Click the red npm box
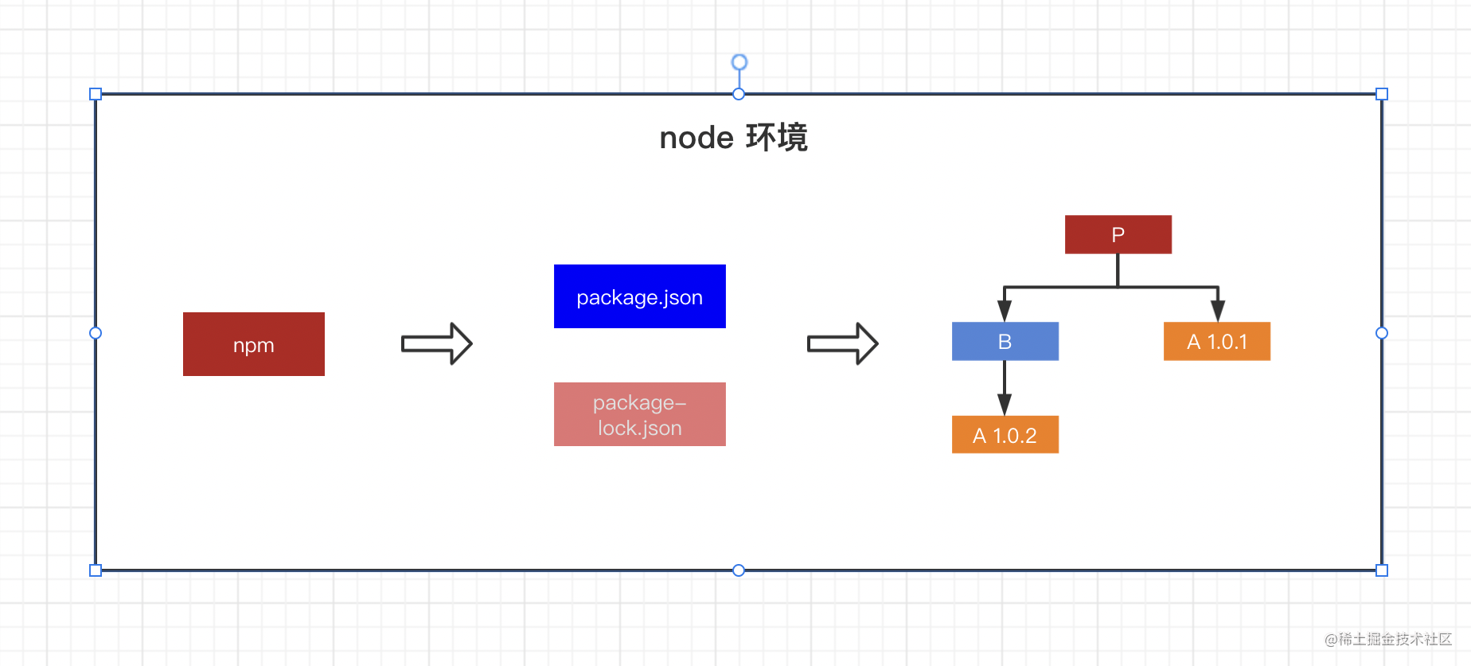click(x=253, y=344)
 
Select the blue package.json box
click(x=639, y=296)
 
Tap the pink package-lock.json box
click(x=639, y=414)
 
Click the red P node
click(x=1118, y=234)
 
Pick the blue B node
click(x=1005, y=341)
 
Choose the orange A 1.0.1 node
click(x=1216, y=341)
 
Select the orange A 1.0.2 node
click(x=1005, y=435)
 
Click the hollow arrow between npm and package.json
click(x=437, y=343)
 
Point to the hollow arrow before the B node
click(x=842, y=343)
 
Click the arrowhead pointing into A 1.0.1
click(x=1217, y=311)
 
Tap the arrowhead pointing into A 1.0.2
click(x=1005, y=405)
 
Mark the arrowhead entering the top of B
click(x=1005, y=311)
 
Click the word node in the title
click(x=696, y=138)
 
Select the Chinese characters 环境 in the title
click(x=777, y=138)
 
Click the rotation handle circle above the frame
click(x=739, y=62)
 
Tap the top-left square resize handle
click(x=96, y=94)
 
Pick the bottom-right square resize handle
click(x=1382, y=570)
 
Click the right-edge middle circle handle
click(x=1382, y=333)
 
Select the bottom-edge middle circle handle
click(x=739, y=570)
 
